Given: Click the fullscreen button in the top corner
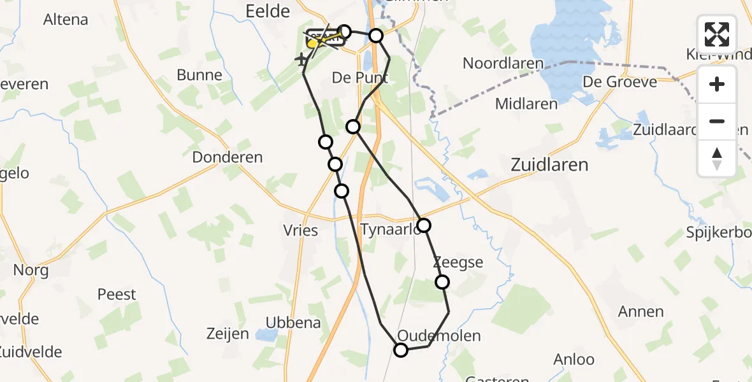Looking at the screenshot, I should pos(717,34).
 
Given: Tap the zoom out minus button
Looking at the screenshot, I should pos(717,121).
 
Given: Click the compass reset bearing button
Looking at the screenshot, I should pos(717,158).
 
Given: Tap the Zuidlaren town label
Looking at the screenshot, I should pos(549,165).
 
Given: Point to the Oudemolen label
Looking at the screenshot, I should pos(438,336).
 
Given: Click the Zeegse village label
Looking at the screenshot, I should pos(458,262).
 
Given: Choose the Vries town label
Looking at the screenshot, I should pos(301,230).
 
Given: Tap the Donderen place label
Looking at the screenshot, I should pos(228,157).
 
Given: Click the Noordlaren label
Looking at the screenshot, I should pos(503,63).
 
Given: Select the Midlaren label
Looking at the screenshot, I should pos(526,104).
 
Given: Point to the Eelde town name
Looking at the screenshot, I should pos(268,11).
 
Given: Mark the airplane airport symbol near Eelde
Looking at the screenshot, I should pos(301,59).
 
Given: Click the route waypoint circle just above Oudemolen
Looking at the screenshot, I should pos(401,350).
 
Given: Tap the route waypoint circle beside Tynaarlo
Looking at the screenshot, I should pos(423,225).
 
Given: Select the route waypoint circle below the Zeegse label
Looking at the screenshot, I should pos(442,281).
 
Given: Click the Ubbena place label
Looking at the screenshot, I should pos(293,322).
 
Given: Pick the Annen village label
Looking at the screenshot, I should pos(641,311).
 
